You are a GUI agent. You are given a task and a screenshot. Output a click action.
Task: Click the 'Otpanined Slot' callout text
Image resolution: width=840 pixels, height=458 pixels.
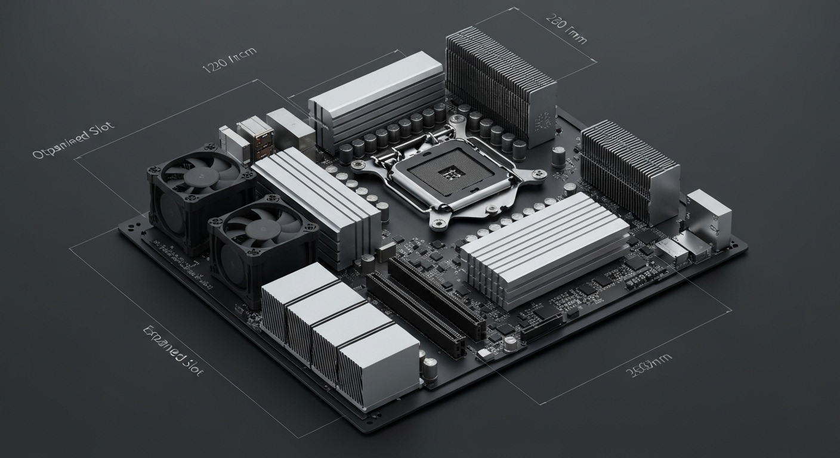tap(73, 142)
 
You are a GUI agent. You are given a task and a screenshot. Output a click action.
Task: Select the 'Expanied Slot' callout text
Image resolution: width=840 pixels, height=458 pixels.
tap(174, 350)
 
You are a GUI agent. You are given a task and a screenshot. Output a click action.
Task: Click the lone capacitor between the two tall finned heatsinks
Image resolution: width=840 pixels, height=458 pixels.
tap(558, 156)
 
